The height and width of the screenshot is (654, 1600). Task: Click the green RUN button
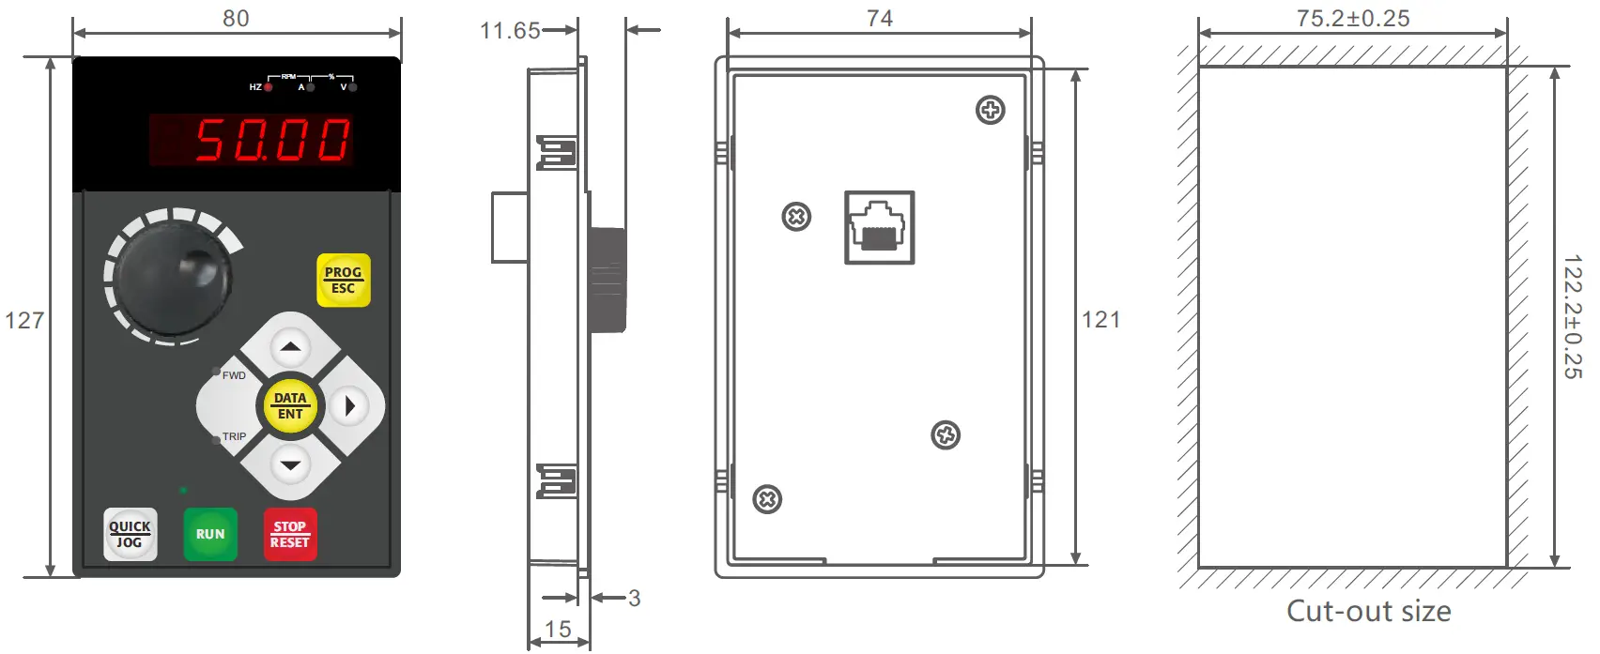click(x=210, y=534)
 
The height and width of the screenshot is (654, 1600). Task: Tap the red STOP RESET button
click(x=290, y=534)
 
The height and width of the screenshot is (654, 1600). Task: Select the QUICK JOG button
click(x=130, y=534)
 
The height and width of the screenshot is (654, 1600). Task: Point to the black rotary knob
click(x=172, y=277)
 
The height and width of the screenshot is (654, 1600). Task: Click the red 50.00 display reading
click(x=272, y=140)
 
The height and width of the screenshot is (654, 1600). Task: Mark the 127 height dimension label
click(x=24, y=321)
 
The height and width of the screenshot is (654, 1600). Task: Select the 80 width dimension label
click(x=236, y=18)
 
